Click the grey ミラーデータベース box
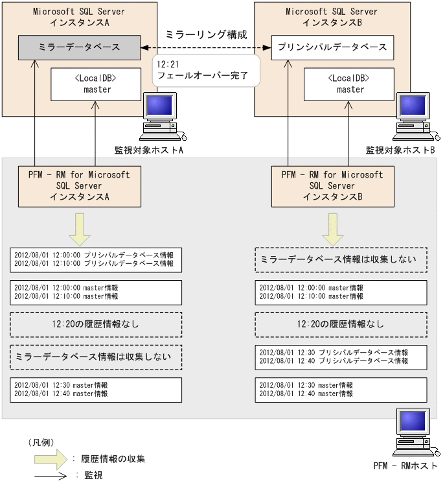click(78, 47)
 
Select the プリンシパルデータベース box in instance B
click(332, 47)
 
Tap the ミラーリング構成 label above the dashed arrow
click(206, 34)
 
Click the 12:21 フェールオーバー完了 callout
click(205, 70)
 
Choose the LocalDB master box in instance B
click(350, 84)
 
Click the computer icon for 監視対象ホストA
click(161, 117)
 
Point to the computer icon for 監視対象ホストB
click(415, 117)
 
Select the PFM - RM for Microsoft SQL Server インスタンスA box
click(79, 185)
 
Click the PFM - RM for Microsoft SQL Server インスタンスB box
click(332, 185)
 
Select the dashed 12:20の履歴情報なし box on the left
click(96, 324)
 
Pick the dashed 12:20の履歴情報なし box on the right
click(341, 324)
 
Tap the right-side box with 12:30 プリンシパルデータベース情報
click(341, 356)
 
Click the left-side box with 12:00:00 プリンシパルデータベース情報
click(96, 259)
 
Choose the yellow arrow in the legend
click(51, 459)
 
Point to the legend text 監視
click(93, 475)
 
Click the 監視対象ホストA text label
click(151, 150)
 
